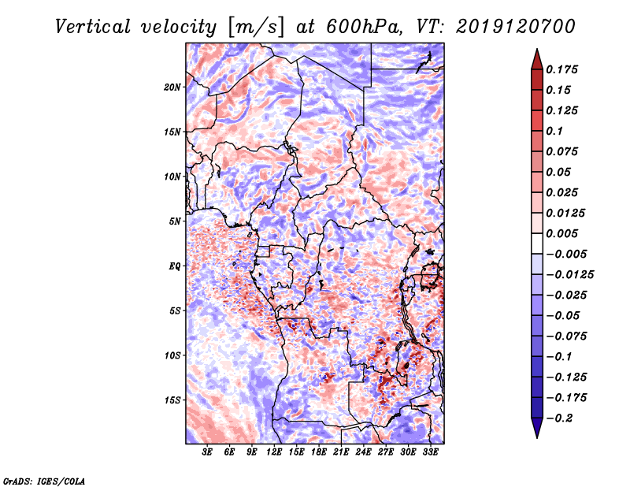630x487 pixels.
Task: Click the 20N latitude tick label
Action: (x=172, y=87)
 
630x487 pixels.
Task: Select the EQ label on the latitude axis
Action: (x=174, y=266)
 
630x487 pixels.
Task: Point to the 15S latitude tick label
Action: (x=172, y=400)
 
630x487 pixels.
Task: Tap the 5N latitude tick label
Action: (x=174, y=221)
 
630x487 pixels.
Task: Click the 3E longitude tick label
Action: (x=207, y=453)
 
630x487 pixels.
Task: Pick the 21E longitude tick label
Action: (x=341, y=453)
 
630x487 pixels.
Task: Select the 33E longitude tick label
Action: (x=430, y=453)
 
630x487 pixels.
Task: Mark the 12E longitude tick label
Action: (x=274, y=453)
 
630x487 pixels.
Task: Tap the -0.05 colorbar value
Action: (x=565, y=315)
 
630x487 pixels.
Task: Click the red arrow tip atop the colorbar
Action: (x=535, y=57)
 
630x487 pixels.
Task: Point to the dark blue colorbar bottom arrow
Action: (x=535, y=429)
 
